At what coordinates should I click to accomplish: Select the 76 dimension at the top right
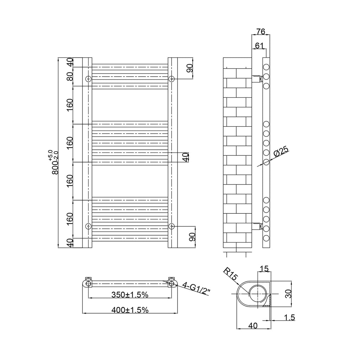[x=261, y=31]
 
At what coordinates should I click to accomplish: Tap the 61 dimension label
[x=259, y=46]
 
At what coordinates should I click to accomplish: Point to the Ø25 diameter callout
[x=281, y=153]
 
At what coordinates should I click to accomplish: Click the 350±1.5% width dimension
[x=130, y=295]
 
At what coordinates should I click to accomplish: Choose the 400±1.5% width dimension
[x=130, y=310]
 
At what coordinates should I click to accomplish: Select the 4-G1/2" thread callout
[x=196, y=288]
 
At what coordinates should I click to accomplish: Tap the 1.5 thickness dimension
[x=289, y=317]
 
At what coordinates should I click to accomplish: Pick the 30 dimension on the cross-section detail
[x=288, y=294]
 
